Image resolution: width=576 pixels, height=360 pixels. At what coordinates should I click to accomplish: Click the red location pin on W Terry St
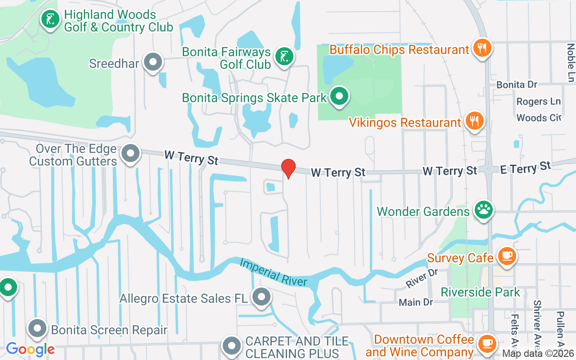tap(288, 169)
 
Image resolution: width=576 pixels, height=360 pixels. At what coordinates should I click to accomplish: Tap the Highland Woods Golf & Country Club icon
tap(50, 19)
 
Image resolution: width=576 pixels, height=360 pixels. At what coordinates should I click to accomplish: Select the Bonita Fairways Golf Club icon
tap(284, 57)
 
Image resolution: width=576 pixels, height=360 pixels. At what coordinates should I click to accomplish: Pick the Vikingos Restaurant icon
tap(474, 121)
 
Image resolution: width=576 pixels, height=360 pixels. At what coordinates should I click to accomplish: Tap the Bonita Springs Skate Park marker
tap(340, 96)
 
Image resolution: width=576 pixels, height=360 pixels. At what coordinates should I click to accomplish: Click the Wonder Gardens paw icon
tap(484, 210)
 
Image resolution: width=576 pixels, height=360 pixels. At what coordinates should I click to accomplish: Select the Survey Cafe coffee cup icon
tap(507, 256)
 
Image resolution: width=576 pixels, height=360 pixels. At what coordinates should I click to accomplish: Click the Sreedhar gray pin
tap(153, 62)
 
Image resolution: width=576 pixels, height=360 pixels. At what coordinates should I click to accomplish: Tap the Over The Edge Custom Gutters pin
tap(130, 153)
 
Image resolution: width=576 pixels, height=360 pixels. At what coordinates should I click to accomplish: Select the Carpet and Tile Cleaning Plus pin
tap(232, 346)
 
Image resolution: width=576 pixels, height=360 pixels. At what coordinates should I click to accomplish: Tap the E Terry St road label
tap(526, 168)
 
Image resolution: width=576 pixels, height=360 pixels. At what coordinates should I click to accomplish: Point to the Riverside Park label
tap(480, 292)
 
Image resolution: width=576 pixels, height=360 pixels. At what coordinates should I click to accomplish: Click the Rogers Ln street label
tap(532, 102)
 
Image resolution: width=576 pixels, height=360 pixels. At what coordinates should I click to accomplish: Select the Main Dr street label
tap(416, 302)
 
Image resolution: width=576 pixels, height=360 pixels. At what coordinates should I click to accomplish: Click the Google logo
tap(30, 349)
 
